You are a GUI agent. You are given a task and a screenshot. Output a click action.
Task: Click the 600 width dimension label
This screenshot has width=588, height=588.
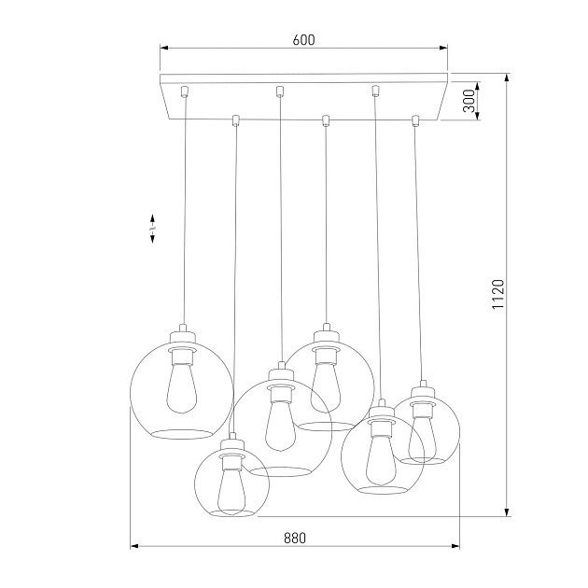[302, 39]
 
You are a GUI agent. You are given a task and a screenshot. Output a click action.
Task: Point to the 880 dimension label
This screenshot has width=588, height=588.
[294, 539]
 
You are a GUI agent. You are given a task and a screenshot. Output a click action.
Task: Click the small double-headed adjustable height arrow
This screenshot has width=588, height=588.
[151, 230]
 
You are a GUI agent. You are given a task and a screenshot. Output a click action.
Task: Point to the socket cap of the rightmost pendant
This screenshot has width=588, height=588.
[423, 387]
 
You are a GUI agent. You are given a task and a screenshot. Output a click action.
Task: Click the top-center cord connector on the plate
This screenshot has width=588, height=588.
[279, 91]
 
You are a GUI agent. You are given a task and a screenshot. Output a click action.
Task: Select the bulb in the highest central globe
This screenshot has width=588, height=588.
[324, 378]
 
